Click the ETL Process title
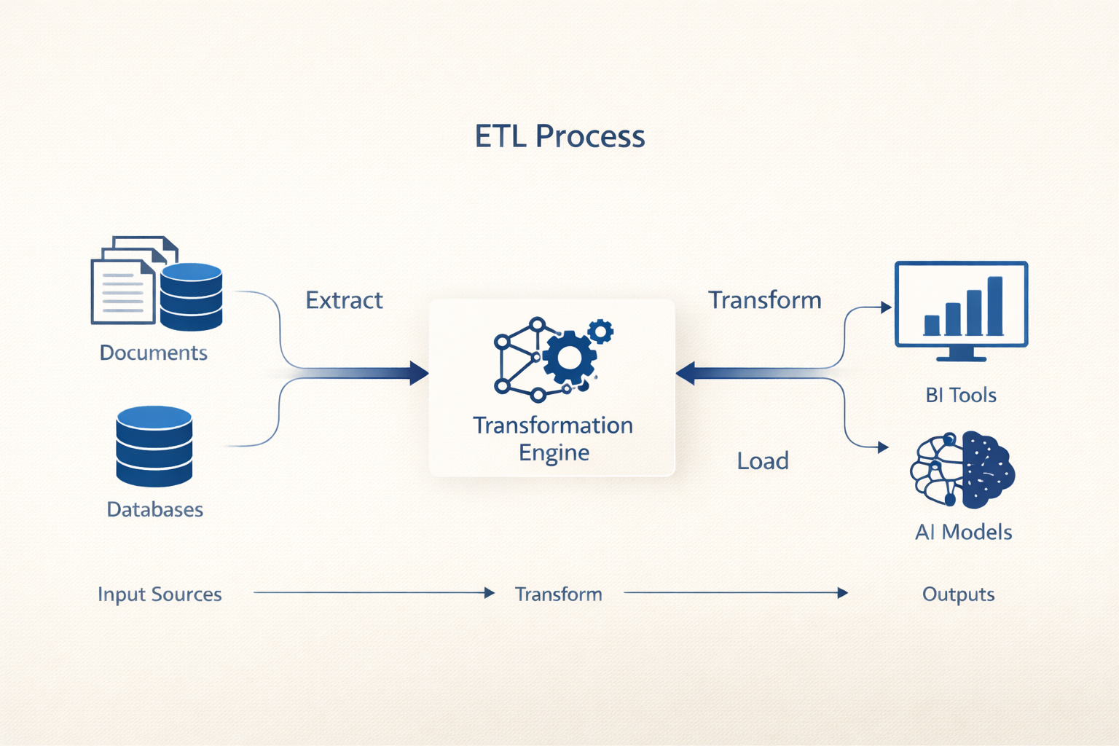point(559,136)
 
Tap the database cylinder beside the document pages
point(191,297)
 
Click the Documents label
point(153,353)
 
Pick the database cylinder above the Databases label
point(154,446)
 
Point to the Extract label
point(344,300)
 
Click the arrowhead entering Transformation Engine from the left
point(419,373)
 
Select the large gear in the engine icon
point(569,358)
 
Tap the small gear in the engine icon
point(600,331)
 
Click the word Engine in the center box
point(554,452)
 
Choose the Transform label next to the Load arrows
point(765,300)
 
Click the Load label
point(763,460)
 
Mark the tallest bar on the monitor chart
point(994,305)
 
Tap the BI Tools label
point(960,395)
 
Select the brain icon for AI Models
point(962,469)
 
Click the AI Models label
point(963,532)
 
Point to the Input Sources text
point(160,594)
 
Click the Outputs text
point(958,594)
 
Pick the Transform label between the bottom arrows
point(559,594)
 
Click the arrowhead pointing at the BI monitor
point(887,307)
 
